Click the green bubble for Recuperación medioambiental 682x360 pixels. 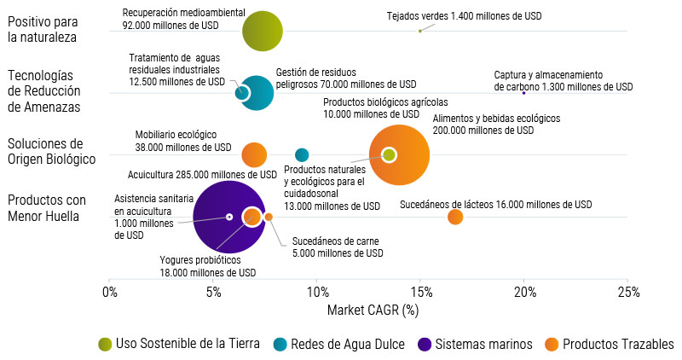point(262,31)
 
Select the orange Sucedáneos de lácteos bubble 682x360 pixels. point(455,217)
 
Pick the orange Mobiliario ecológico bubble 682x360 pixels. point(254,154)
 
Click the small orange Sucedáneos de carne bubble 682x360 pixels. point(269,217)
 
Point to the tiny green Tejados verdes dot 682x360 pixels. point(420,31)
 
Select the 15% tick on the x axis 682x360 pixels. point(420,291)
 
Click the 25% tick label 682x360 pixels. point(627,291)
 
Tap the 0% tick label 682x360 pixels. point(109,291)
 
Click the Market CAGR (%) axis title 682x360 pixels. point(373,311)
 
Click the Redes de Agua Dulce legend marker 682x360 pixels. point(280,344)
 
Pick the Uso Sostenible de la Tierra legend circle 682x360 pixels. point(106,344)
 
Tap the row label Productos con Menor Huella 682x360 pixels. point(47,208)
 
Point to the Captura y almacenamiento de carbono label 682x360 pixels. point(564,81)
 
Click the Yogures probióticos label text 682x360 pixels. point(207,266)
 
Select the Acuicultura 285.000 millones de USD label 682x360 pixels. point(198,174)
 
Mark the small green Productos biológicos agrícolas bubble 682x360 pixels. point(389,154)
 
